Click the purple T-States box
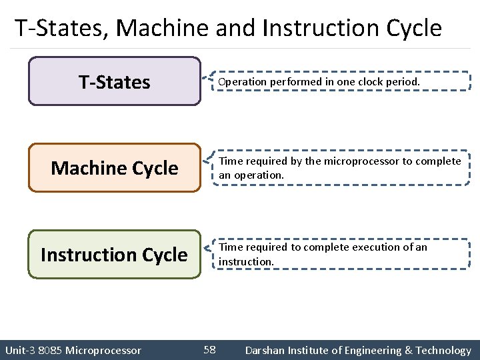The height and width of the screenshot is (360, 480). click(114, 81)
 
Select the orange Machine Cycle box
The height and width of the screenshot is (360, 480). click(114, 168)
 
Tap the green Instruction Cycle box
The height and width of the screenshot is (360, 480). click(114, 255)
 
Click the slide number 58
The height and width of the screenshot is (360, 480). click(209, 349)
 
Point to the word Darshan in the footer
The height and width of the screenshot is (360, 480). click(265, 350)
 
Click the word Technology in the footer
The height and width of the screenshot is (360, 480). click(443, 350)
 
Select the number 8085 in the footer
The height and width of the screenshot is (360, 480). click(50, 350)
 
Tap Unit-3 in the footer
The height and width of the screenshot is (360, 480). click(19, 350)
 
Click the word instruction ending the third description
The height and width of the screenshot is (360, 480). click(246, 261)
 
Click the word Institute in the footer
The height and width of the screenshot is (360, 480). click(309, 350)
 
